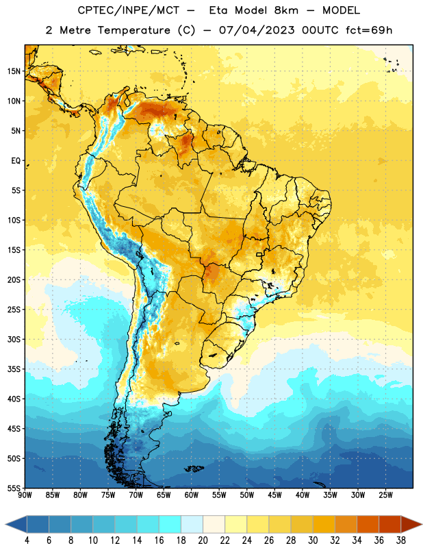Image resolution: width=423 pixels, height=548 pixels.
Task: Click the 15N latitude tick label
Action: (x=14, y=71)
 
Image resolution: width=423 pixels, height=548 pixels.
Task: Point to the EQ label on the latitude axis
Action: (x=16, y=161)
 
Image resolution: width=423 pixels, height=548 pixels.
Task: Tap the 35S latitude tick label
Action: (x=14, y=369)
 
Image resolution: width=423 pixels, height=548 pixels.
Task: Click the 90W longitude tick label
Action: (x=25, y=495)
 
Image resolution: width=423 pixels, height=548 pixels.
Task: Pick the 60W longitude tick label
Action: (x=192, y=495)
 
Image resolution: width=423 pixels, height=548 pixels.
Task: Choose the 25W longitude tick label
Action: (x=385, y=495)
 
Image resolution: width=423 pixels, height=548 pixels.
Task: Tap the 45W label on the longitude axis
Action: (x=274, y=495)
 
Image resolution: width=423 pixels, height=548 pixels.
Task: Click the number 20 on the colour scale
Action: (x=203, y=540)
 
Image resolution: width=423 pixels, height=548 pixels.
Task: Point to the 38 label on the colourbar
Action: (x=400, y=540)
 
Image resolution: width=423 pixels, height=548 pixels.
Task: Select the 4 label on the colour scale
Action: (x=27, y=540)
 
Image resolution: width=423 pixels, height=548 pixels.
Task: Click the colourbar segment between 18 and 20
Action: (x=192, y=524)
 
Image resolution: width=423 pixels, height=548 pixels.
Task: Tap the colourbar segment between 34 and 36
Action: (x=368, y=524)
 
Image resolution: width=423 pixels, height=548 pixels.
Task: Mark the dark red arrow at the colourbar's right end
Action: (x=411, y=524)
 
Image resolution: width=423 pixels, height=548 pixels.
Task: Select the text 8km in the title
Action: (x=286, y=10)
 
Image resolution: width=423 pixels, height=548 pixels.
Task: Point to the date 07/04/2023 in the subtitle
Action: (x=257, y=30)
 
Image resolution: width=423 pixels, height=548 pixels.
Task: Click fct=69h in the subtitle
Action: (x=369, y=30)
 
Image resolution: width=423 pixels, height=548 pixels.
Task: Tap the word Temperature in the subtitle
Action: (x=133, y=30)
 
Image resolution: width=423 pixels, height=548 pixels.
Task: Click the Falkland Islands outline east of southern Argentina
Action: (x=194, y=469)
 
